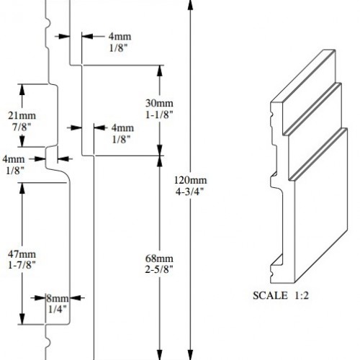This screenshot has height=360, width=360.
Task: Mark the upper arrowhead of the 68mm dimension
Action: click(x=158, y=160)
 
